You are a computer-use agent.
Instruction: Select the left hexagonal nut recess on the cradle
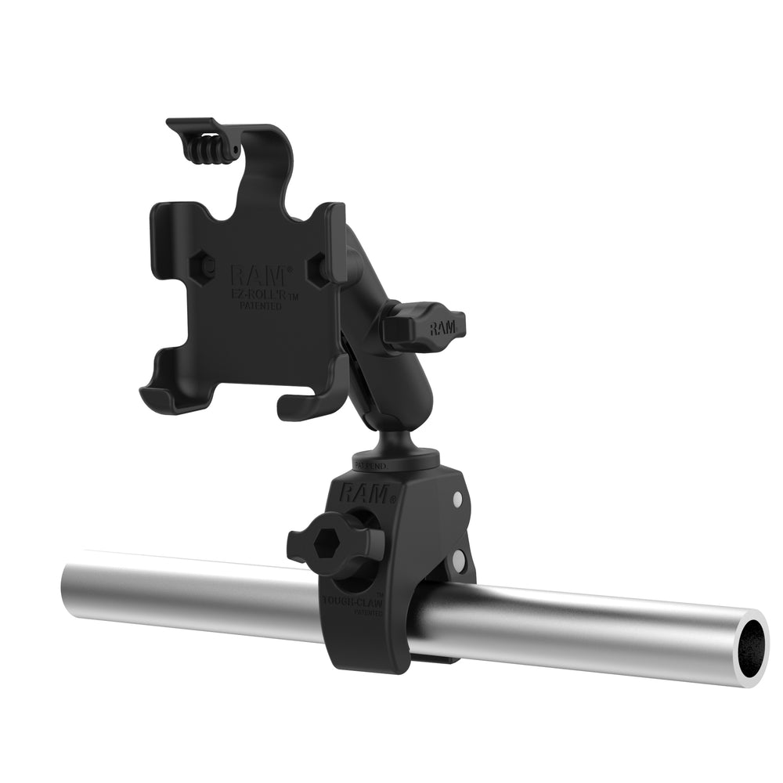(206, 267)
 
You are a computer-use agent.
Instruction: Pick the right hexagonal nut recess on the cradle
(319, 270)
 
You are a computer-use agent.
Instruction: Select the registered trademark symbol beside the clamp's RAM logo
(394, 499)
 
